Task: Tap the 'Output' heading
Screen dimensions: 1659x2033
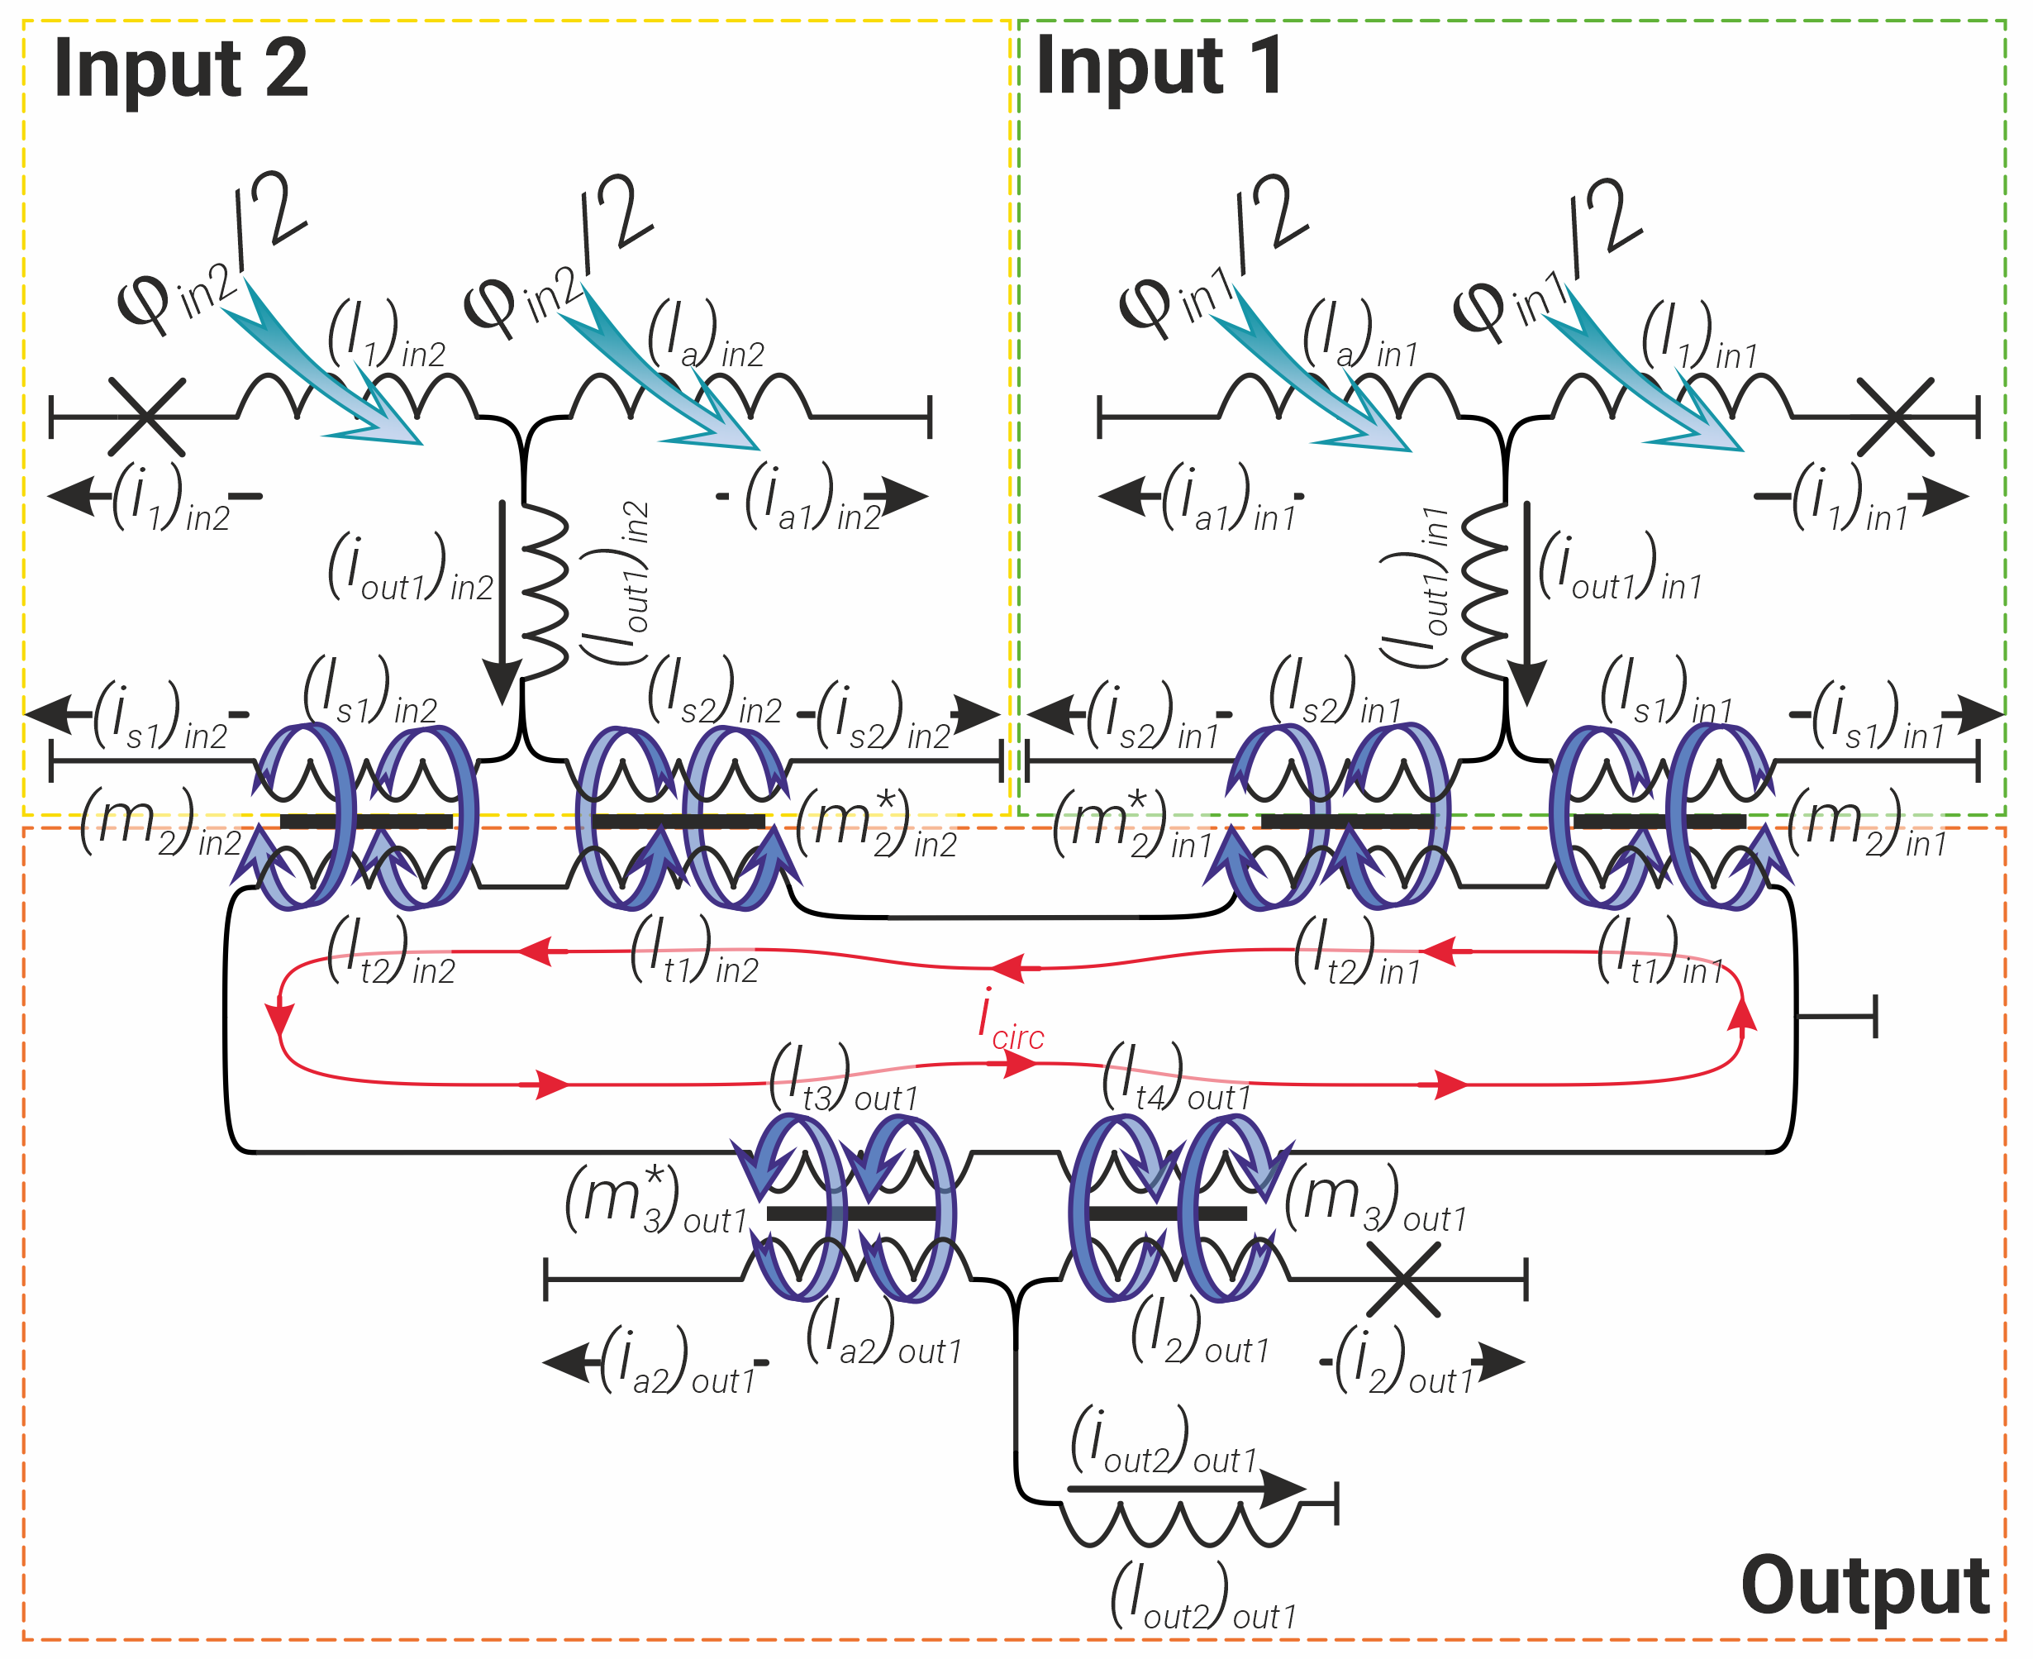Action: [1864, 1585]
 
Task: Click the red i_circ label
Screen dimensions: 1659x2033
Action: [1011, 1020]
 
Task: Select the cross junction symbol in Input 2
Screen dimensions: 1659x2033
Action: [146, 417]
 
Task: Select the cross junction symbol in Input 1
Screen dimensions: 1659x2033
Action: [1896, 417]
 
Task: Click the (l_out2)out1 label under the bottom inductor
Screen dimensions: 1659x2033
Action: [1204, 1595]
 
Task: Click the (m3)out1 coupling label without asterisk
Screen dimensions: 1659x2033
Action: [1375, 1199]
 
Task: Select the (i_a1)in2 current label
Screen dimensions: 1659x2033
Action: [812, 497]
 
